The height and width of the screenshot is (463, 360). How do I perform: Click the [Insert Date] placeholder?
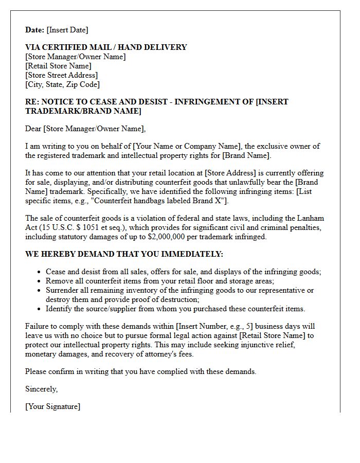pos(67,30)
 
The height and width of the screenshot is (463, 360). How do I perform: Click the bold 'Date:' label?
pos(35,30)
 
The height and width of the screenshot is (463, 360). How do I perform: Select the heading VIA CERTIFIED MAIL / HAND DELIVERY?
pos(106,47)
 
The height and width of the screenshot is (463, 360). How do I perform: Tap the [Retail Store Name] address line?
pos(58,66)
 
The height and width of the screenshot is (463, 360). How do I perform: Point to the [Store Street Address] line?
pos(61,75)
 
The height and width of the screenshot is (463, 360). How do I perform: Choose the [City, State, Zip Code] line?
pos(62,84)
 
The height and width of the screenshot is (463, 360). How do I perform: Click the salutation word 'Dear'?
pos(33,129)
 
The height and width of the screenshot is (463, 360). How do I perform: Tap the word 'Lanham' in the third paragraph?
pos(312,218)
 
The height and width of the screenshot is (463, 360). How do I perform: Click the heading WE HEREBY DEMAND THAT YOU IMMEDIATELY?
pos(124,254)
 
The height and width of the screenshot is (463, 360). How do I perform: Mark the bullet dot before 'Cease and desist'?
pos(40,272)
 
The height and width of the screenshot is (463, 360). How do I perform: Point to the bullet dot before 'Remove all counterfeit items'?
pos(40,281)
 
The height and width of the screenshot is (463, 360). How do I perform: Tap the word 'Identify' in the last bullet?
pos(59,309)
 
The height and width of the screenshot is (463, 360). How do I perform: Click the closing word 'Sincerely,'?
pos(42,389)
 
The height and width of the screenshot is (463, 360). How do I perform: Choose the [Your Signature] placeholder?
pos(52,406)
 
